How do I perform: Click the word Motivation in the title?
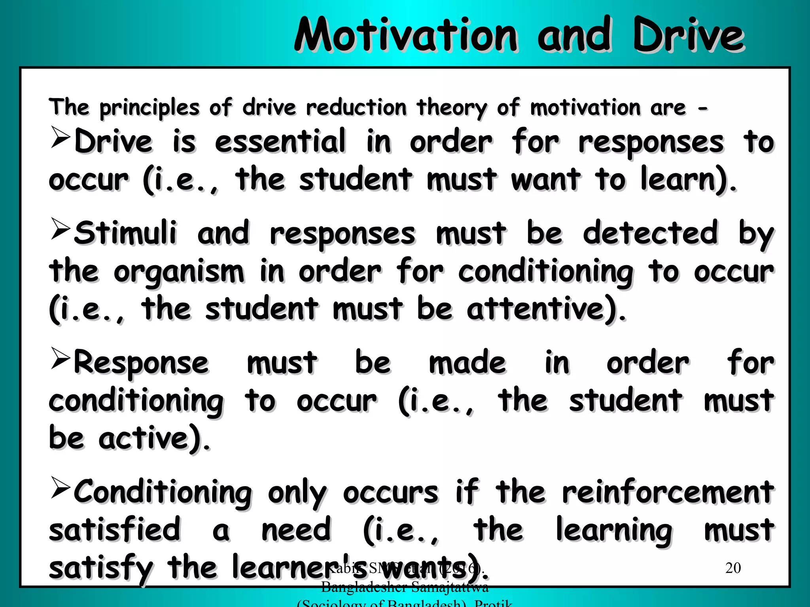[405, 36]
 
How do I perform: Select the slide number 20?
[733, 568]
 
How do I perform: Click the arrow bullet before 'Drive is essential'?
[61, 137]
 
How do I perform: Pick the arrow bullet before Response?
[61, 358]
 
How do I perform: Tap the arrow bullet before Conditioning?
[61, 488]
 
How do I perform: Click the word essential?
[280, 141]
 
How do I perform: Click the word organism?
[179, 273]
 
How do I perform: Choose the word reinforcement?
[668, 492]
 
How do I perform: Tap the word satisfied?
[115, 530]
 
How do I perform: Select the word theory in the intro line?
[452, 108]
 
